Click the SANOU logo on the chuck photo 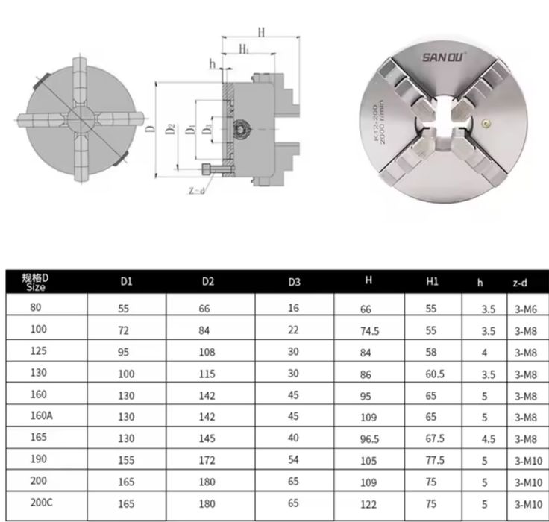443,57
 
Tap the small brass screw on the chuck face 486,123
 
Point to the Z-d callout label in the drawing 196,190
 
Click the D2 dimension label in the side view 170,129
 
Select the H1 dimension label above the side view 244,48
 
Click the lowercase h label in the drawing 213,63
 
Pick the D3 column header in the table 294,282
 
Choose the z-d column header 520,283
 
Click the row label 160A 41,415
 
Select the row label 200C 41,503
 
